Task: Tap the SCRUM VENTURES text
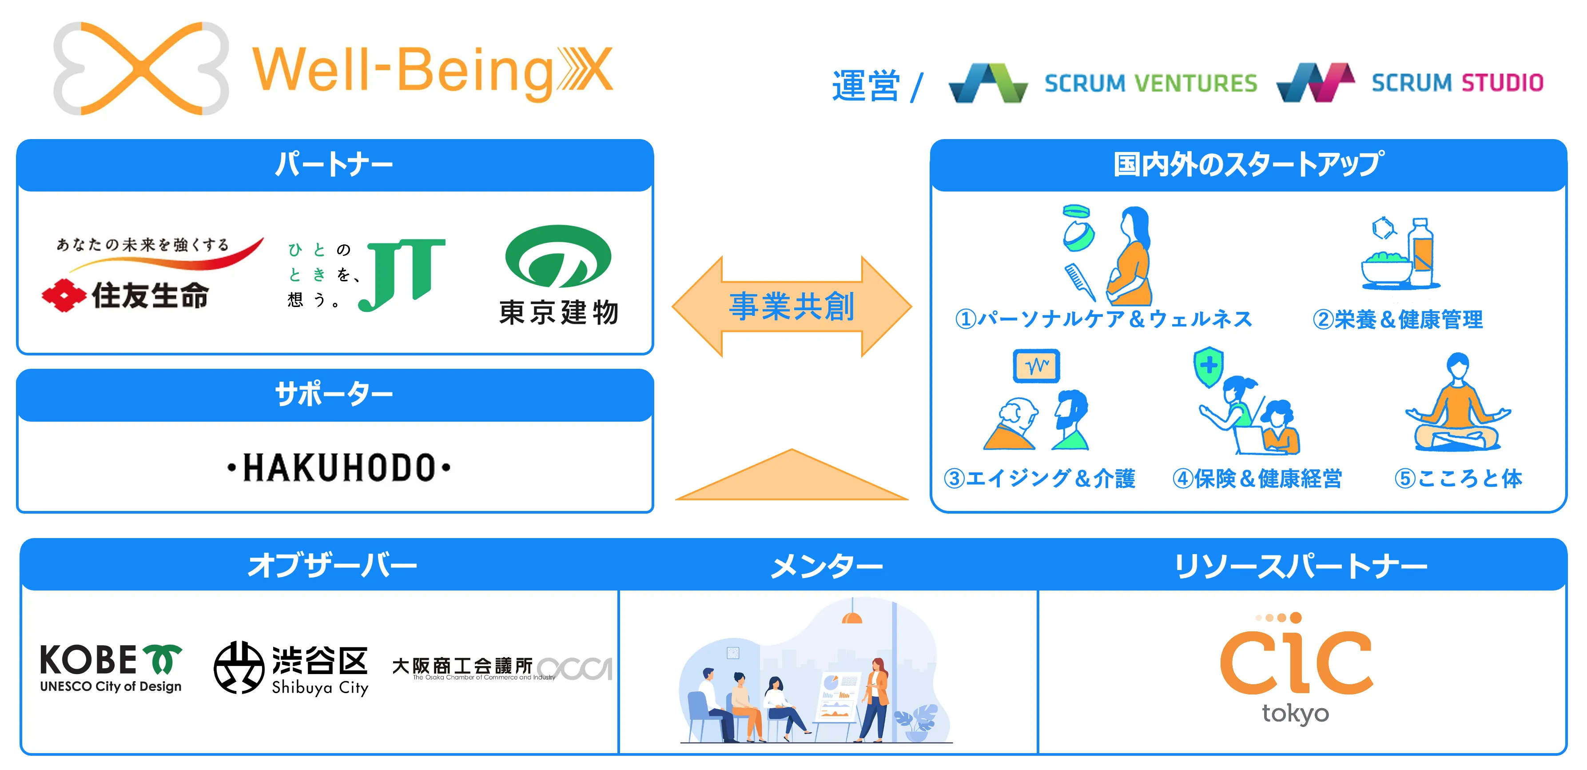(x=1150, y=83)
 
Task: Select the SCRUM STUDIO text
(x=1457, y=83)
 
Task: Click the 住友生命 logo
(x=126, y=294)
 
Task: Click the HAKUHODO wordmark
(x=339, y=467)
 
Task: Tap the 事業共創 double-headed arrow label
(x=792, y=307)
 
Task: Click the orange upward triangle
(x=792, y=477)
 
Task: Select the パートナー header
(x=334, y=164)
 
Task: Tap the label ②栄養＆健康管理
(x=1397, y=319)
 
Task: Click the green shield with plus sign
(x=1209, y=366)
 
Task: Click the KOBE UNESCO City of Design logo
(x=111, y=668)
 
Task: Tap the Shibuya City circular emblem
(x=239, y=668)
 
